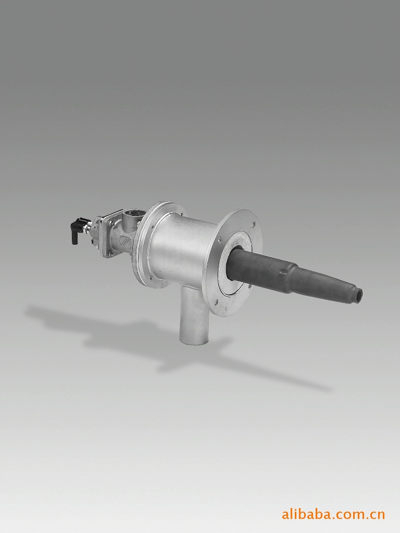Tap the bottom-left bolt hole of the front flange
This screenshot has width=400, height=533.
pyautogui.click(x=216, y=301)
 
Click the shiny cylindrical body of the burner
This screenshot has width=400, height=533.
pyautogui.click(x=177, y=251)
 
